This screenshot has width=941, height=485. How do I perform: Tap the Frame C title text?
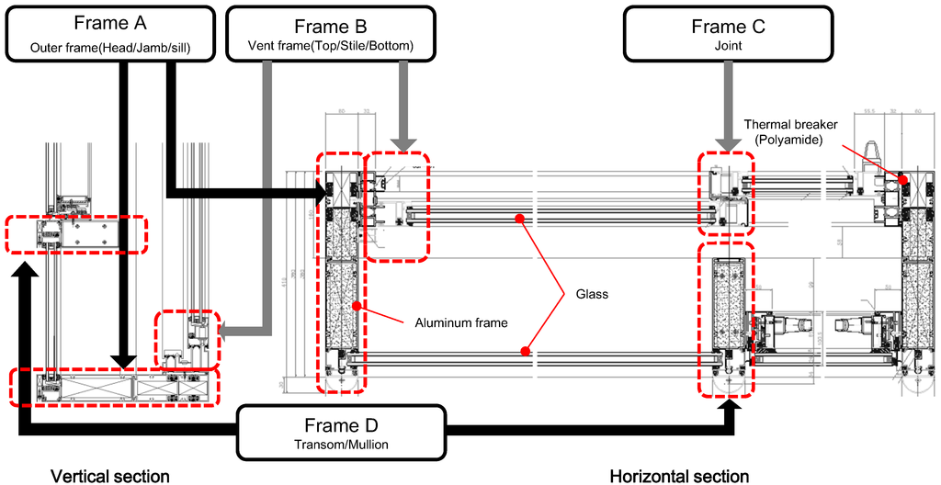(728, 26)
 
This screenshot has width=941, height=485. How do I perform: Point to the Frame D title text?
(340, 425)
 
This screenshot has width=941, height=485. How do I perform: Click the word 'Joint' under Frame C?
(728, 46)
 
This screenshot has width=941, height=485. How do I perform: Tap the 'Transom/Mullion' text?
(340, 446)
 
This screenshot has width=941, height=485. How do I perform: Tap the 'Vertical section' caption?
(110, 476)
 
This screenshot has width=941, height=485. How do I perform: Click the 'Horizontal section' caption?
(679, 476)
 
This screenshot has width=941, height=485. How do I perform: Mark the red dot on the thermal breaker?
(903, 180)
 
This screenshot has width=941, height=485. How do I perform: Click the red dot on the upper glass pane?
(520, 219)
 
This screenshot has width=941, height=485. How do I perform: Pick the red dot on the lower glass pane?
(525, 350)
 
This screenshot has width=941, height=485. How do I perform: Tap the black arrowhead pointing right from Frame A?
(323, 193)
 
